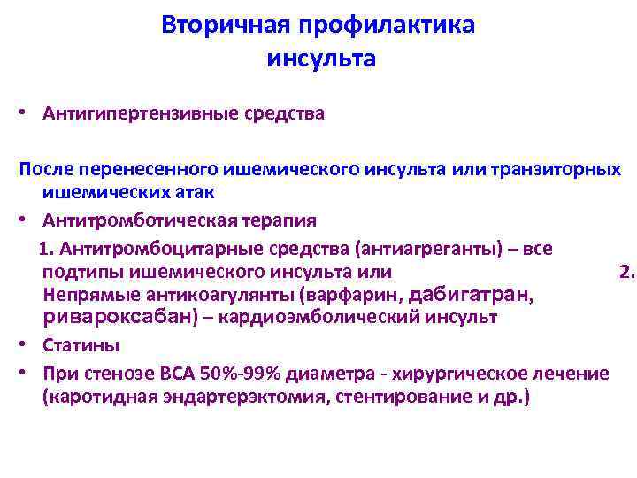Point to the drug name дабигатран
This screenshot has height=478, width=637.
[x=469, y=294]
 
